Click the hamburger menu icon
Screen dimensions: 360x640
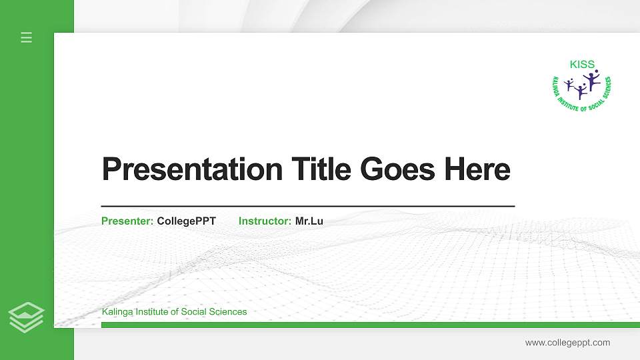click(x=27, y=37)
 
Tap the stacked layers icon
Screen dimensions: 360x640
click(x=27, y=317)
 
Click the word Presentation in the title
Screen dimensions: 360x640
click(x=193, y=169)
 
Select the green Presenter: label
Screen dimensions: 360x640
click(x=127, y=221)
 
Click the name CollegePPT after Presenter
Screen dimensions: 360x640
click(x=187, y=221)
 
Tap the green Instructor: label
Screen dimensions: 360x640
click(x=265, y=221)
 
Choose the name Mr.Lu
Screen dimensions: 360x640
click(x=309, y=221)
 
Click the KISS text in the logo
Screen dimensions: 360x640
click(x=582, y=65)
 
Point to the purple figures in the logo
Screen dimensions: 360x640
click(x=582, y=85)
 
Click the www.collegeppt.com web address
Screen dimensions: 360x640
click(x=567, y=343)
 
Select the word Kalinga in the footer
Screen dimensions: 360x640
click(x=117, y=312)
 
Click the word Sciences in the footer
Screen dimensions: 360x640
click(x=227, y=312)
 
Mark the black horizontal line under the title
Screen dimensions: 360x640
click(x=308, y=207)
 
